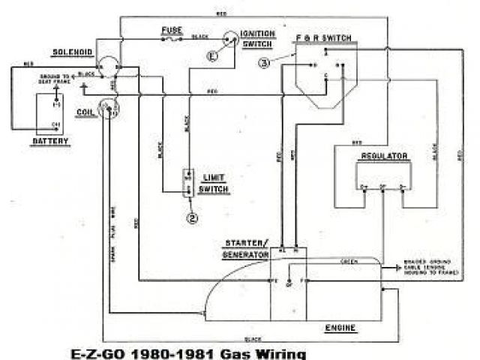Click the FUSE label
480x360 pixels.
pos(172,30)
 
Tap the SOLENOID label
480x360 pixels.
pos(72,52)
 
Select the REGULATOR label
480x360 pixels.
pos(384,156)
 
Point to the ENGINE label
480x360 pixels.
pos(340,328)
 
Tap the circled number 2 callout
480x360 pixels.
pos(193,218)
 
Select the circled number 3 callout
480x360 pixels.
pos(263,63)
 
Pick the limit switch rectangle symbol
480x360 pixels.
pos(188,183)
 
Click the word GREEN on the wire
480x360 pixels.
pos(349,262)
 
